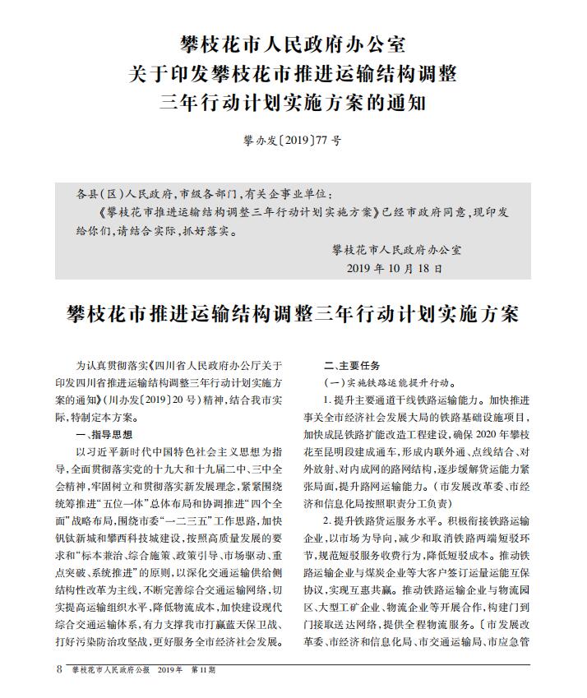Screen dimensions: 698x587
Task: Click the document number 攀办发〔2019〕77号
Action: click(x=293, y=141)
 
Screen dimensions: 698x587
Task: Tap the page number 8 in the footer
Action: click(x=59, y=669)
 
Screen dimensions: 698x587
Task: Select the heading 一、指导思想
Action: click(x=103, y=434)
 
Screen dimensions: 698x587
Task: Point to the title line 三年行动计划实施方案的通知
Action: click(x=293, y=104)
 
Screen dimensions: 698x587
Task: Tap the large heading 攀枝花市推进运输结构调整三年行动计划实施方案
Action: click(x=293, y=315)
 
